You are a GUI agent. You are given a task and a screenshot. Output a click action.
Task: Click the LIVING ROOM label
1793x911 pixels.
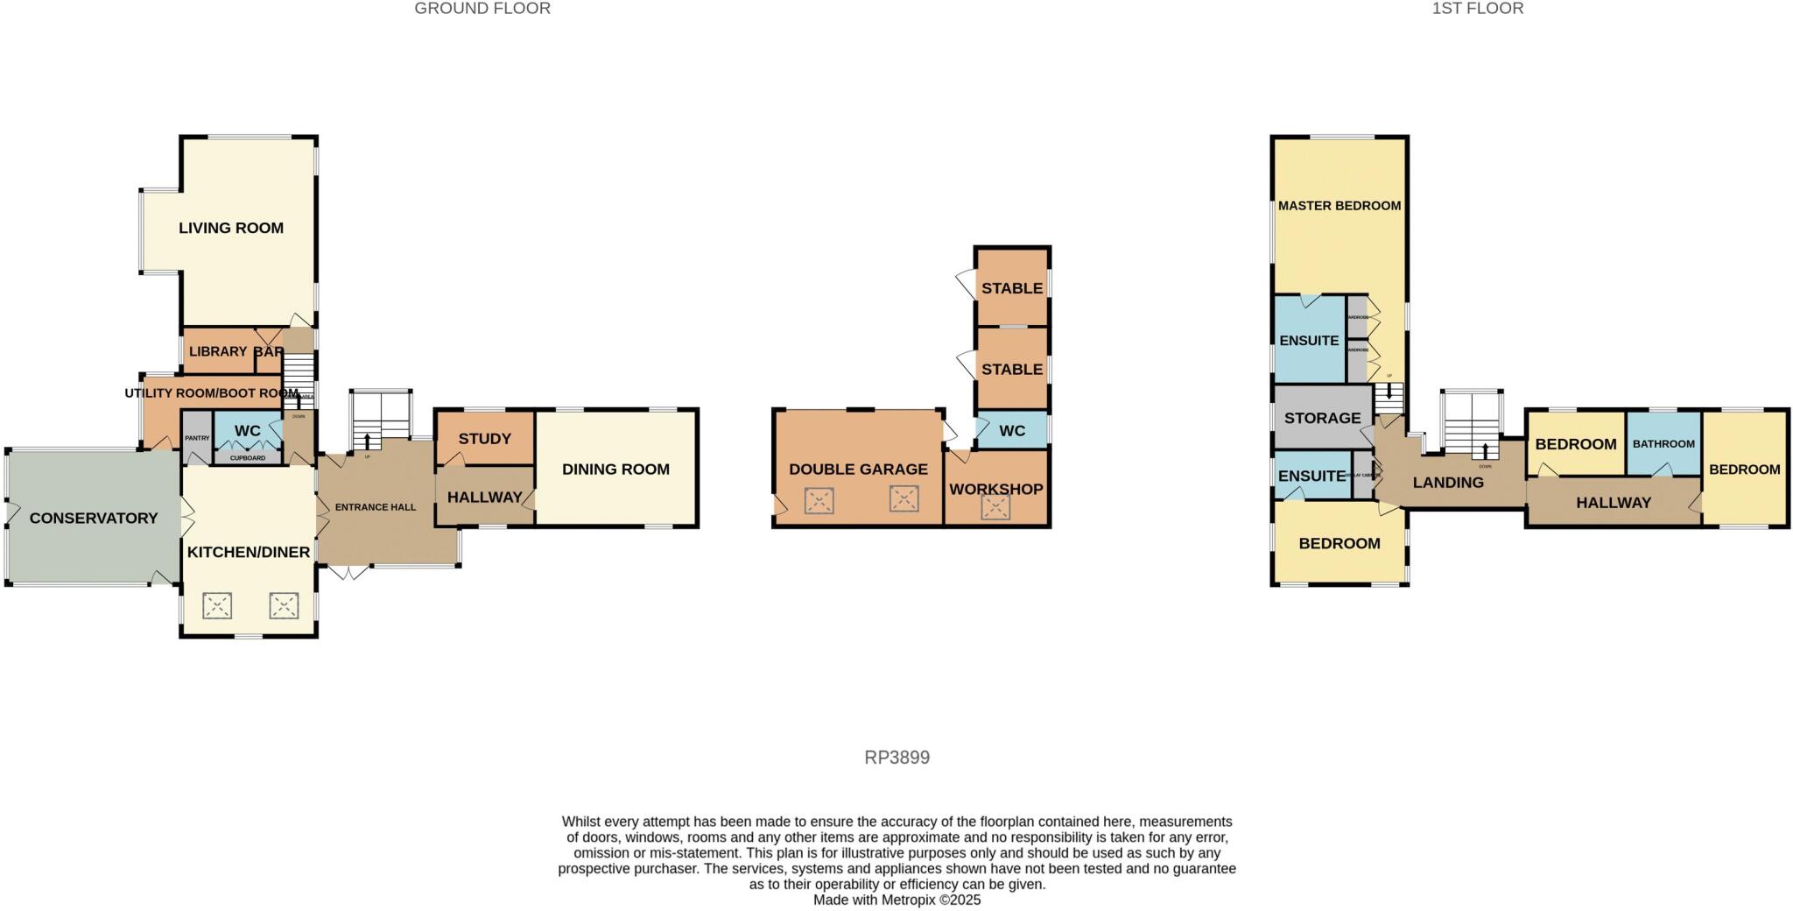coord(231,228)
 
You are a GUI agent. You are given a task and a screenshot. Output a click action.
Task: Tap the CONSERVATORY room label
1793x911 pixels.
coord(94,518)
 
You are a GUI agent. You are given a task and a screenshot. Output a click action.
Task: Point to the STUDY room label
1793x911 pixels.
coord(484,438)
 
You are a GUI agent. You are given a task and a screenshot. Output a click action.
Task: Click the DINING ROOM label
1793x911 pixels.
coord(615,470)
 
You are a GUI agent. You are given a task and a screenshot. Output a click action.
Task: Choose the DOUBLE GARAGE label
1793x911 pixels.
coord(858,470)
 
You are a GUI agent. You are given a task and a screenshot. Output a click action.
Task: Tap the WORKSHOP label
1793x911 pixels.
coord(996,489)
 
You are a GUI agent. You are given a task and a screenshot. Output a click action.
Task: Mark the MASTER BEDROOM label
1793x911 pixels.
coord(1339,206)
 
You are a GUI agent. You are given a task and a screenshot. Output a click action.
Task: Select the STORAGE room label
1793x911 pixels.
coord(1322,418)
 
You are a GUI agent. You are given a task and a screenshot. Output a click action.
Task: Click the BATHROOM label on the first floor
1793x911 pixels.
coord(1663,444)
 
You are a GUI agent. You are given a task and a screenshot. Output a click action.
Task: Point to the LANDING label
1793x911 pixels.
coord(1448,482)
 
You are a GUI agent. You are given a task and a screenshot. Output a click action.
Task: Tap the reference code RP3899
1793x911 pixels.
coord(896,758)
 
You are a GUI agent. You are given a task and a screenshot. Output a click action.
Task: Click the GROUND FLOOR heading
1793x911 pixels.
coord(482,9)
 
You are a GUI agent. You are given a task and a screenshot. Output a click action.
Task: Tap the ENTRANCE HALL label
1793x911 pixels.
coord(376,507)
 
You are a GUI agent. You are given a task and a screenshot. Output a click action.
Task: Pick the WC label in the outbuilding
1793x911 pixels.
coord(1012,431)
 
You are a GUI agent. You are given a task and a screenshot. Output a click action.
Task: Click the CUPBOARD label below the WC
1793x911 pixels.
coord(248,458)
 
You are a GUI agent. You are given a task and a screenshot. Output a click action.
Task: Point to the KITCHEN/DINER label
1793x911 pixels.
coord(249,552)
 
